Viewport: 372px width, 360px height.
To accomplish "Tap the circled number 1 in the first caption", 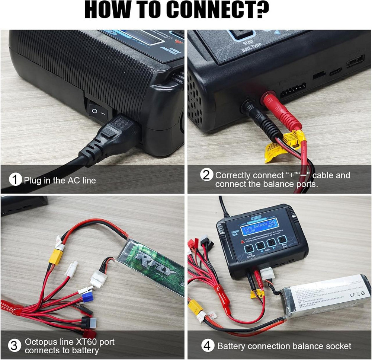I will coord(15,181).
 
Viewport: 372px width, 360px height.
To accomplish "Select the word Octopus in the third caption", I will coord(41,341).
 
